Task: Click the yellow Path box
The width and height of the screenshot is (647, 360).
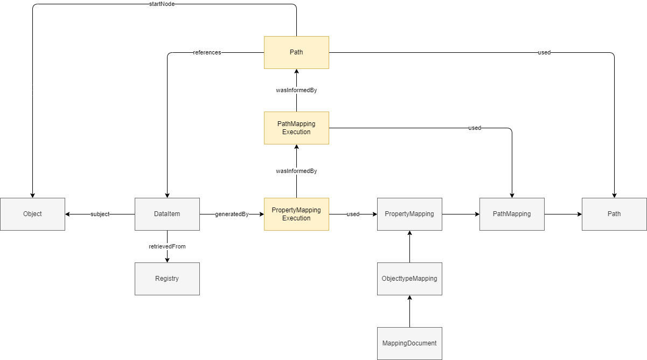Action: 296,52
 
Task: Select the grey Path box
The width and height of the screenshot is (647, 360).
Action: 614,214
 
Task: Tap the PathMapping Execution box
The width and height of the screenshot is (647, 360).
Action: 296,128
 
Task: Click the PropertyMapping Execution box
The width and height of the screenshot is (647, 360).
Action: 296,214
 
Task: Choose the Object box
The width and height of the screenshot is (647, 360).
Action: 32,214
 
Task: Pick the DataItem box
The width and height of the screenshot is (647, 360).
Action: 167,214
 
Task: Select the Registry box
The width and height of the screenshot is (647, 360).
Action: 167,279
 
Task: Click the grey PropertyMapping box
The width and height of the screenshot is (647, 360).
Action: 409,214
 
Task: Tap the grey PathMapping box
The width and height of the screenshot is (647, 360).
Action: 512,214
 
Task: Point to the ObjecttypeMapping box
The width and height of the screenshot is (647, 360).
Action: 409,279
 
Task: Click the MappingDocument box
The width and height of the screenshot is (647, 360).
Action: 409,343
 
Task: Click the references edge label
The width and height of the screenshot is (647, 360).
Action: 207,52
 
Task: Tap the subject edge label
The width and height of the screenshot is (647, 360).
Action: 100,214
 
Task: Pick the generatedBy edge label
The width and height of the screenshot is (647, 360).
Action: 232,214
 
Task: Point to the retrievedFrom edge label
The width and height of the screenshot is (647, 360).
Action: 167,246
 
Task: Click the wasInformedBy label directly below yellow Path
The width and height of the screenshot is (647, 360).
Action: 296,90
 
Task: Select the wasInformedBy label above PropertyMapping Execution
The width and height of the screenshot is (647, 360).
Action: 296,171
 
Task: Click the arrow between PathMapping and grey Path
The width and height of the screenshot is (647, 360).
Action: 563,214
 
